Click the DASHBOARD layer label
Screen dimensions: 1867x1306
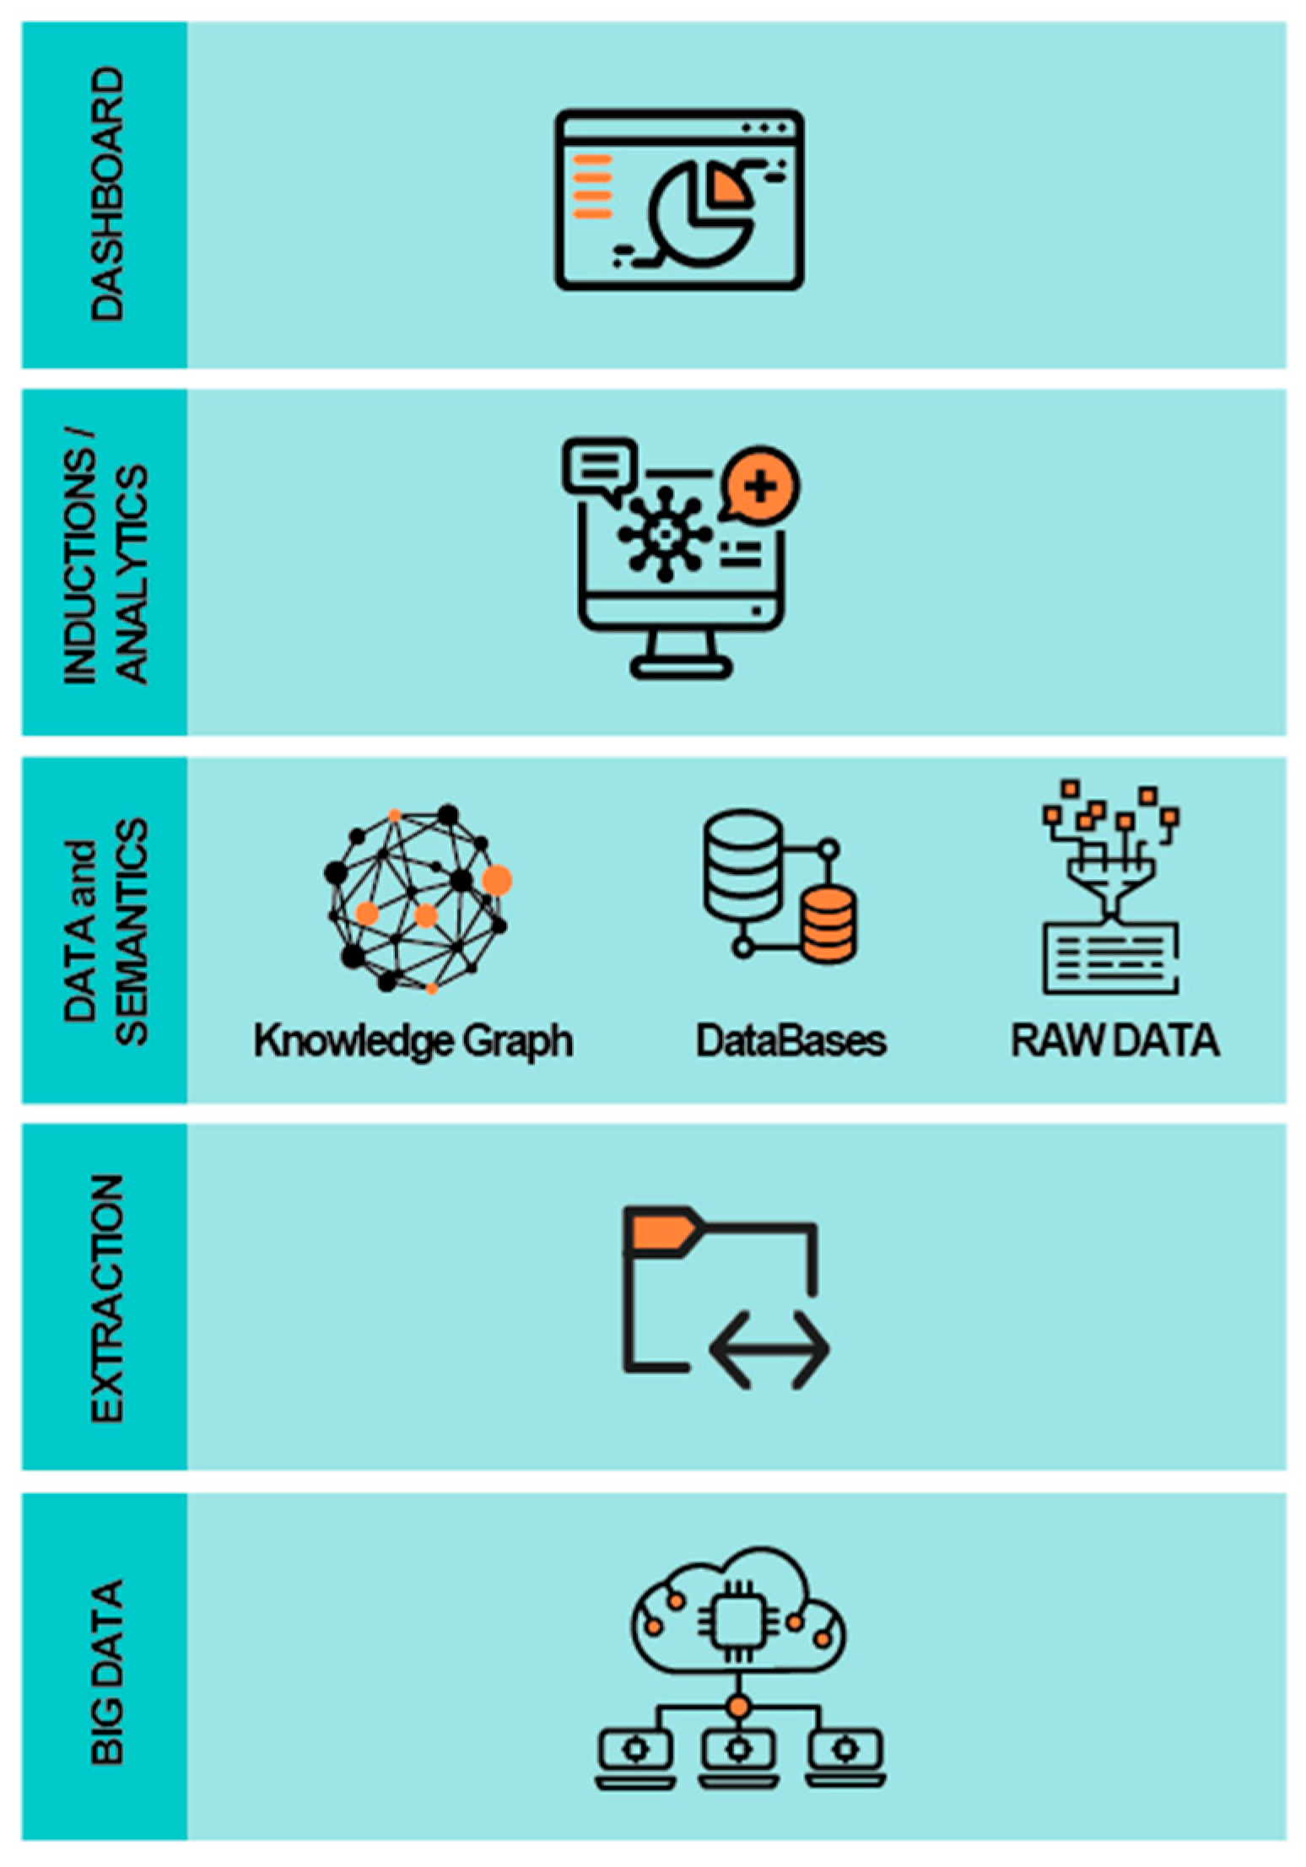point(107,194)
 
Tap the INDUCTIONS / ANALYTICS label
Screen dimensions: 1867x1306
point(105,561)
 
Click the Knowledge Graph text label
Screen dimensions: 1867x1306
point(413,1040)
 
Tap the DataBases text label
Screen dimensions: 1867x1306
point(791,1040)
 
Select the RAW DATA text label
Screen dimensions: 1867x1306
point(1114,1040)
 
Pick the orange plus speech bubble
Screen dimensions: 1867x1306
point(761,487)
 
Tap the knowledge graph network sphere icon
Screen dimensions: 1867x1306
point(417,898)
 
